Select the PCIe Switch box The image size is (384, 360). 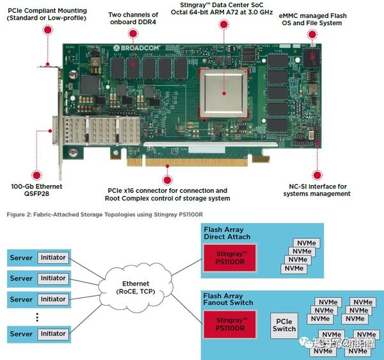click(284, 325)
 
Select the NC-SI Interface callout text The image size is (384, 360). click(315, 190)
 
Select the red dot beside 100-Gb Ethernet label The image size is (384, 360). click(37, 174)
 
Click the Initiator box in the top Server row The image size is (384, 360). click(52, 258)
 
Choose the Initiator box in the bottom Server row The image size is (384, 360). click(52, 334)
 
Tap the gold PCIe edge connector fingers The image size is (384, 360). click(198, 158)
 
